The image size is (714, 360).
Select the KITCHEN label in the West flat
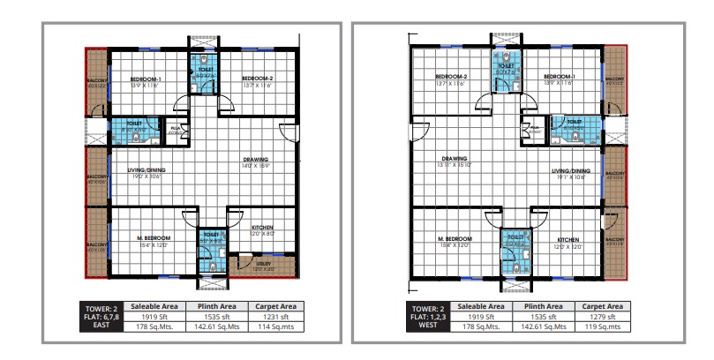(567, 239)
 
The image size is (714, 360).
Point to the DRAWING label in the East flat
(256, 160)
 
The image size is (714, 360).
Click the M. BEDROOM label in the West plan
(455, 239)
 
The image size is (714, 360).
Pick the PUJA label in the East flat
(175, 129)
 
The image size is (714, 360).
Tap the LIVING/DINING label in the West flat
(570, 171)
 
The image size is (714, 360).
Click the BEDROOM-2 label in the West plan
(450, 77)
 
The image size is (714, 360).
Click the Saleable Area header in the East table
(156, 305)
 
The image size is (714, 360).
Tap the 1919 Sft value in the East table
(156, 315)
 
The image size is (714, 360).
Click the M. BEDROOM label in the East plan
(154, 239)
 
